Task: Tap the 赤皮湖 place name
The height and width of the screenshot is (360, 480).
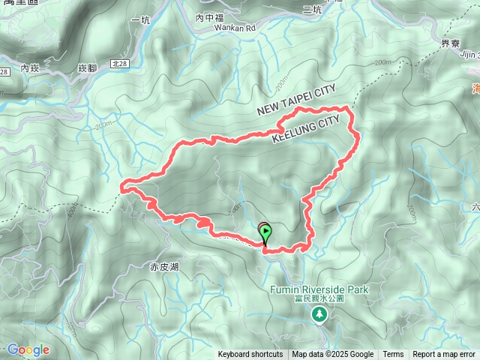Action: (x=163, y=266)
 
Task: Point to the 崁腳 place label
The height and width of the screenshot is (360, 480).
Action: (x=88, y=68)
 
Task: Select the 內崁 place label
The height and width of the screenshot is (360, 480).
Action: (x=30, y=68)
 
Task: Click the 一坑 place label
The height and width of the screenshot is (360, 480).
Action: (x=140, y=19)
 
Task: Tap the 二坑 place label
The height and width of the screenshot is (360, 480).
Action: (x=312, y=9)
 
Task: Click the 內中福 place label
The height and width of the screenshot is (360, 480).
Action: (x=209, y=16)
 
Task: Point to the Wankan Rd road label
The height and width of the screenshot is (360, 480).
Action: (x=214, y=28)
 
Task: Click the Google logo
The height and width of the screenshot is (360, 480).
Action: (x=28, y=349)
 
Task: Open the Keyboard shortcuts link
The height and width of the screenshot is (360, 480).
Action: (x=250, y=355)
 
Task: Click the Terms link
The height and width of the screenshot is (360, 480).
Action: (x=393, y=355)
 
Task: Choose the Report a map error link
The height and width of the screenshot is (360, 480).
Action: (x=444, y=355)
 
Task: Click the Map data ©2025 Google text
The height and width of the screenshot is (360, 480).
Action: (x=333, y=355)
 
